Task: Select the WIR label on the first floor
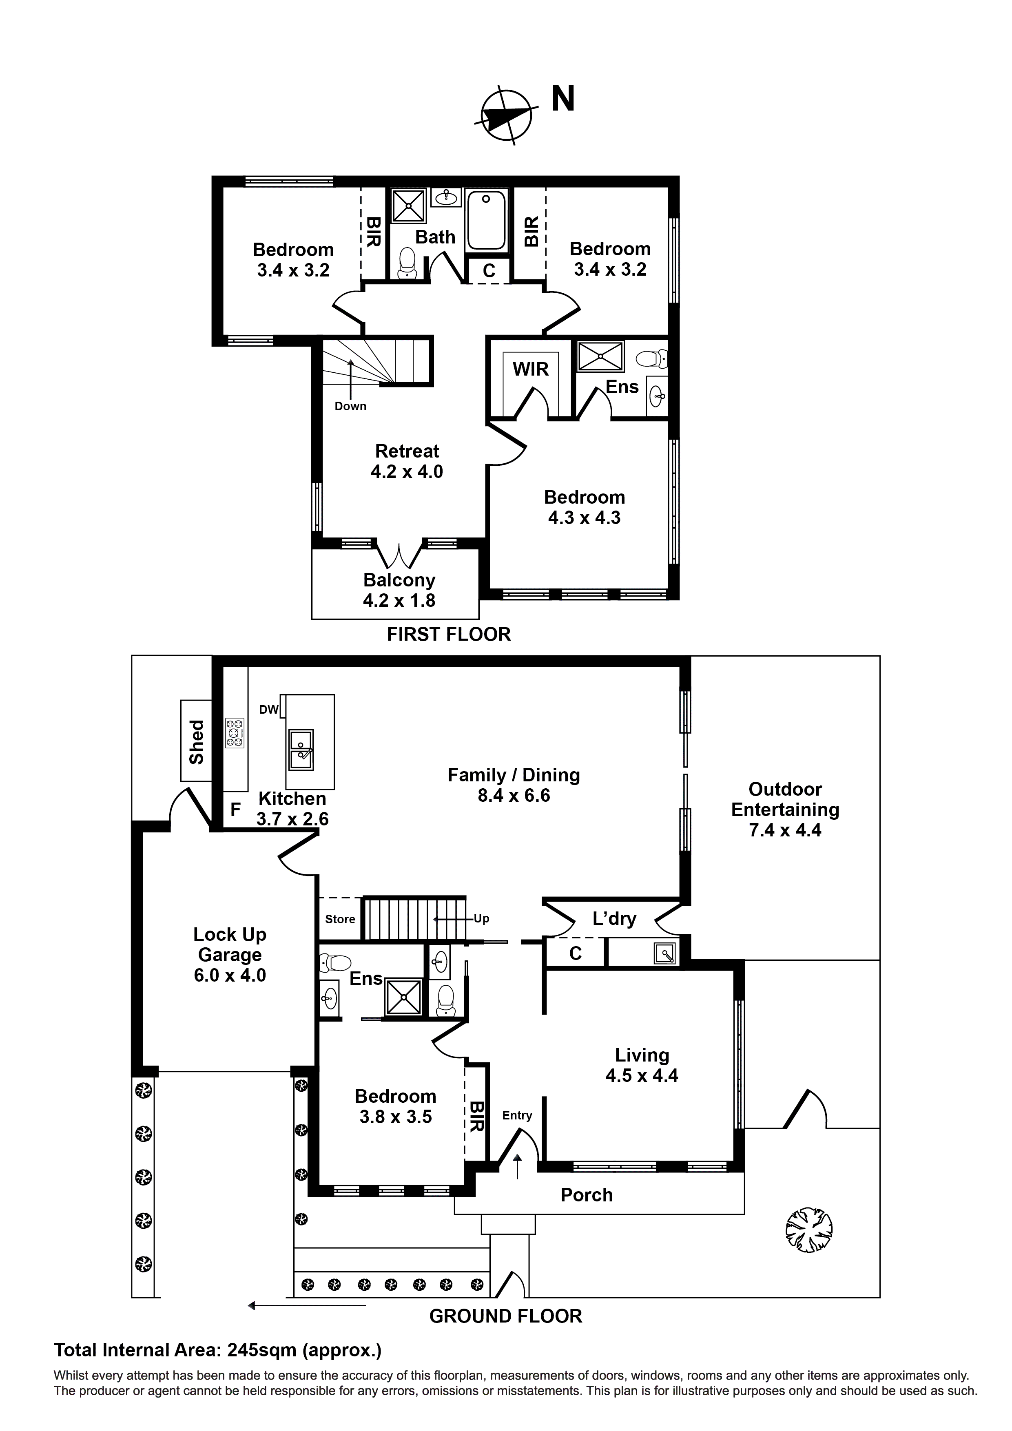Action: (531, 369)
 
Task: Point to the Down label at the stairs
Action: (350, 406)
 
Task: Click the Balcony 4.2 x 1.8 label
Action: (399, 590)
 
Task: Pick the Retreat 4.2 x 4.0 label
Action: (407, 461)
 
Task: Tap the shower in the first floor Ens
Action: (600, 356)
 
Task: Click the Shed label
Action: (197, 741)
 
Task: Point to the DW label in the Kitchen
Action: (269, 710)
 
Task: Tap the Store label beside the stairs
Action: (340, 919)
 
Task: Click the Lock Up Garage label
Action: (230, 954)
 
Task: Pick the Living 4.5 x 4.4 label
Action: (642, 1065)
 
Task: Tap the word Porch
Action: (586, 1195)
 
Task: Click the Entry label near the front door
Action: (517, 1116)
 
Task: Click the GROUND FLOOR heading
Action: (505, 1316)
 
